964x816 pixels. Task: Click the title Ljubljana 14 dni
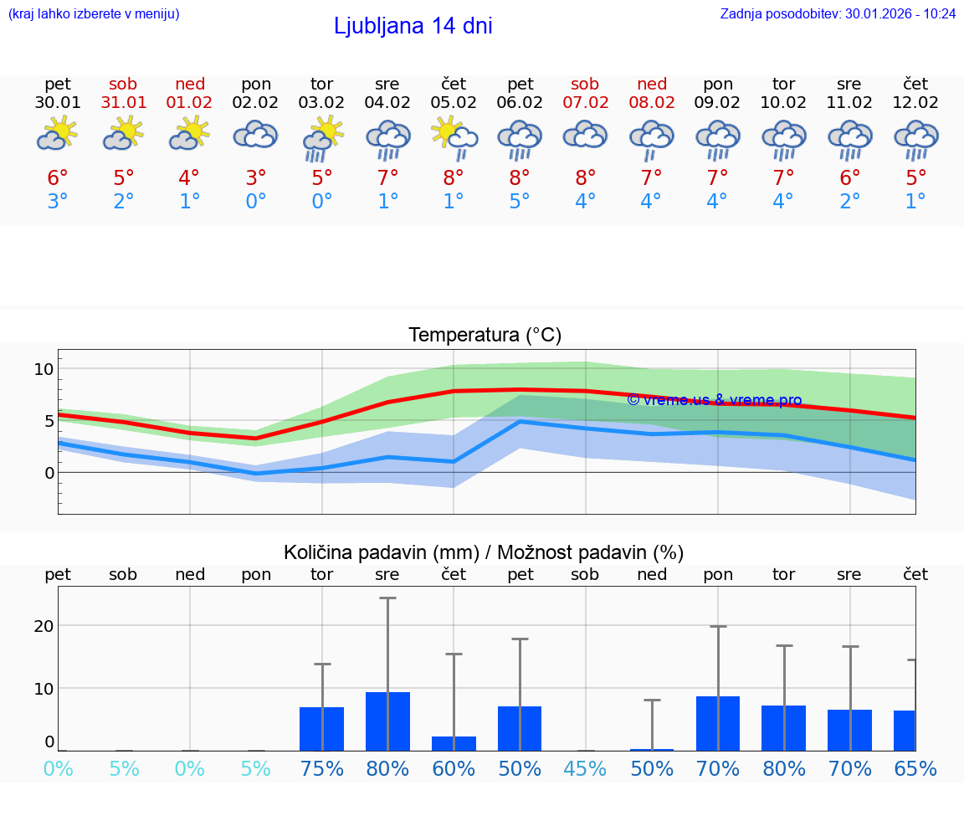point(413,26)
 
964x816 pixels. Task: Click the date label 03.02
point(321,103)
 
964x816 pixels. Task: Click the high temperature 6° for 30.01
point(57,177)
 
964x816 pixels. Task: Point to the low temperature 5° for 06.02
point(519,202)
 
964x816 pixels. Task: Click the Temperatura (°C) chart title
point(485,335)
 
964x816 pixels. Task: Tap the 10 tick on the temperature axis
point(44,369)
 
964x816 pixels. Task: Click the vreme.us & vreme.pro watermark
point(714,400)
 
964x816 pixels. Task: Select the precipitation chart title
point(484,552)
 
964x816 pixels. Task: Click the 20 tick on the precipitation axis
point(44,626)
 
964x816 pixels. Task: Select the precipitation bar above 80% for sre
point(387,721)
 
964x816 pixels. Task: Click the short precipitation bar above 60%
point(454,743)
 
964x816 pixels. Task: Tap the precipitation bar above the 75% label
point(321,729)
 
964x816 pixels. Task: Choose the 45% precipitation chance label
point(585,768)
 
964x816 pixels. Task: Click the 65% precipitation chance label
point(915,768)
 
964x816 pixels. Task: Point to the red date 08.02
point(651,103)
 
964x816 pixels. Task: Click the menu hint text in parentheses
point(94,13)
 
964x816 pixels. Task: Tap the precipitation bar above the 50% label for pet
point(519,728)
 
